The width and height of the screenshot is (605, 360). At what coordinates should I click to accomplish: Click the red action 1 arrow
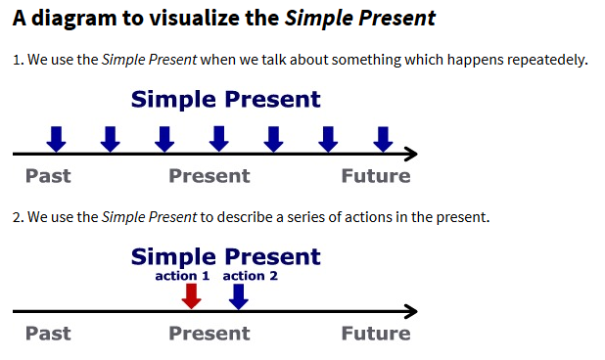pos(192,296)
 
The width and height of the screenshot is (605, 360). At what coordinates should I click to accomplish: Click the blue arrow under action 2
pos(238,296)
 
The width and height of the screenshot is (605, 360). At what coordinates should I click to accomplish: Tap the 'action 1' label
pos(182,276)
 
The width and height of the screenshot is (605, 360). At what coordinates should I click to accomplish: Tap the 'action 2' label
pos(251,276)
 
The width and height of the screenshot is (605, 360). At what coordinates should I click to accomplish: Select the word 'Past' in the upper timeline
pos(48,176)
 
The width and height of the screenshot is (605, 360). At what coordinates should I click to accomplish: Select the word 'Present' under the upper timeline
pos(209,176)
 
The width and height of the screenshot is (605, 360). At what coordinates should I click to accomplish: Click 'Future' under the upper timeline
pos(375,176)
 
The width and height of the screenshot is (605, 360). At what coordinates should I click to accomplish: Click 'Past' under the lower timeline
pos(48,334)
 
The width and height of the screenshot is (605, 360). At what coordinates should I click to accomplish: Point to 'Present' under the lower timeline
pos(209,334)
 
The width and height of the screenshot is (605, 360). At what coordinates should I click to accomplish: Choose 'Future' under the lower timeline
pos(375,334)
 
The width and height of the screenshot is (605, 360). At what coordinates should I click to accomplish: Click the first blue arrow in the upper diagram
pos(57,139)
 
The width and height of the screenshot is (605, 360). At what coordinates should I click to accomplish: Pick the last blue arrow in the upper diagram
pos(383,139)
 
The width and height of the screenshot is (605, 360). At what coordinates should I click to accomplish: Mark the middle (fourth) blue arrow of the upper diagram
pos(219,139)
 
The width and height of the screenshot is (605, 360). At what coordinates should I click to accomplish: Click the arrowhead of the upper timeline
pos(410,154)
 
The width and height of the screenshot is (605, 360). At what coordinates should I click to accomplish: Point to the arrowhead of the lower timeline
pos(410,312)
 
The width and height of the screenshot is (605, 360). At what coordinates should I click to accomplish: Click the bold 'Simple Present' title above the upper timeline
pos(225,99)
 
